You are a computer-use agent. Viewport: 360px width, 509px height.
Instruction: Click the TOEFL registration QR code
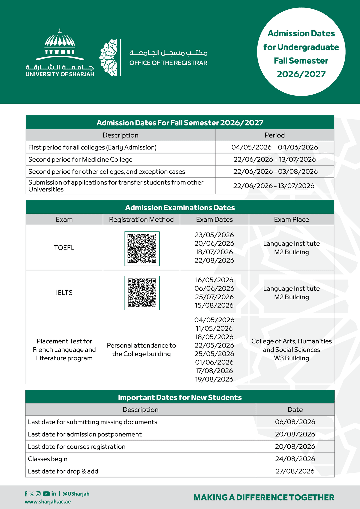pyautogui.click(x=142, y=249)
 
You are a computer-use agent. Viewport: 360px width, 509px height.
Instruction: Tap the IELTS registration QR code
pyautogui.click(x=142, y=293)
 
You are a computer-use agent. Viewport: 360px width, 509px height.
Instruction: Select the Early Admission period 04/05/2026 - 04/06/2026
pyautogui.click(x=275, y=147)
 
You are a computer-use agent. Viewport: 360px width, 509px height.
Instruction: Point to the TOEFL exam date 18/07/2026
pyautogui.click(x=214, y=252)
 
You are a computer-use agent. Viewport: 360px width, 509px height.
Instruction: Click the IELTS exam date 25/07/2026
pyautogui.click(x=214, y=297)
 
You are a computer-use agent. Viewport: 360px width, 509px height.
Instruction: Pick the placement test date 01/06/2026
pyautogui.click(x=214, y=362)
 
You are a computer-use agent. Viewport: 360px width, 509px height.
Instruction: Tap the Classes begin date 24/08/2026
pyautogui.click(x=295, y=459)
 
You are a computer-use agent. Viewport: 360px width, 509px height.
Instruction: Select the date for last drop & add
pyautogui.click(x=295, y=471)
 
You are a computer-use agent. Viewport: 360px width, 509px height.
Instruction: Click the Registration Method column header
pyautogui.click(x=141, y=220)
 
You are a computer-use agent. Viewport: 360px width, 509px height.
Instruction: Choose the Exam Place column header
pyautogui.click(x=291, y=220)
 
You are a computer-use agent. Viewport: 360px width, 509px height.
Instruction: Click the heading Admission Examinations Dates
pyautogui.click(x=180, y=208)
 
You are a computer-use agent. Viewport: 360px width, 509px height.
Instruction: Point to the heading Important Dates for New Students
pyautogui.click(x=180, y=397)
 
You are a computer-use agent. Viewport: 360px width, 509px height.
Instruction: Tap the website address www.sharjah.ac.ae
pyautogui.click(x=48, y=502)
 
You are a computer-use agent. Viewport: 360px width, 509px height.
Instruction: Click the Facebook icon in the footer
pyautogui.click(x=26, y=494)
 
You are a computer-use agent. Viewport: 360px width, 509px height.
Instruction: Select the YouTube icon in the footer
pyautogui.click(x=46, y=494)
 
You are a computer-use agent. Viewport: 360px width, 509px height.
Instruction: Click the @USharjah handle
pyautogui.click(x=76, y=494)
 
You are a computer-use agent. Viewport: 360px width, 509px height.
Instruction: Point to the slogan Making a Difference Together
pyautogui.click(x=264, y=498)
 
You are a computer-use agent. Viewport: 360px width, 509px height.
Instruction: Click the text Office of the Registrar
pyautogui.click(x=168, y=63)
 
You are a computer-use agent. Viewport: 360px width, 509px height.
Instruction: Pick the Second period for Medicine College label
pyautogui.click(x=80, y=160)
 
